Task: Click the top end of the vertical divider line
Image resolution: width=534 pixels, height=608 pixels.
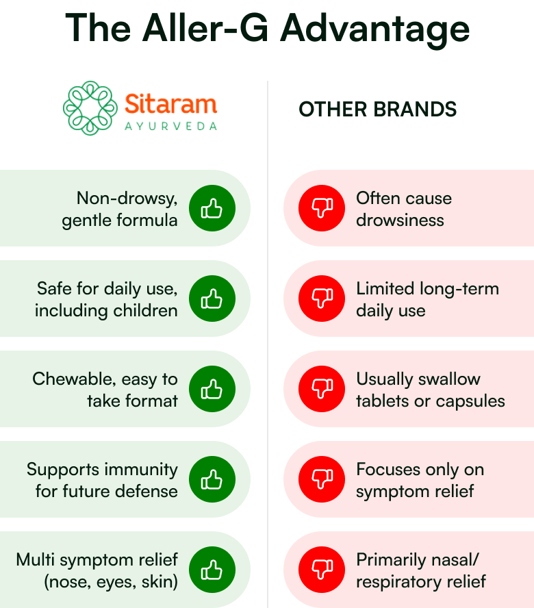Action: pos(268,81)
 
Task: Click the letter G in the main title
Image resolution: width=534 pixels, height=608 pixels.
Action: pos(254,28)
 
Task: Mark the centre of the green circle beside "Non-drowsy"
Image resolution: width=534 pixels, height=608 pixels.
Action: pos(212,208)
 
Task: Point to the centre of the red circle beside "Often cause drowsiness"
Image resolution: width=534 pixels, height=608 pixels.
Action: pos(322,208)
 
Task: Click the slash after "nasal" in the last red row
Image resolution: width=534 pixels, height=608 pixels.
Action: pos(476,560)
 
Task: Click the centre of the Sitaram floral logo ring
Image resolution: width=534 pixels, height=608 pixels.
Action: pos(90,108)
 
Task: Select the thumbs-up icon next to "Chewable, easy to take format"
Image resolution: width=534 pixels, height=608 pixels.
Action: pos(212,390)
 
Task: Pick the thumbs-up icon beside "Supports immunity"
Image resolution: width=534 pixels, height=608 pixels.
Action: pos(212,480)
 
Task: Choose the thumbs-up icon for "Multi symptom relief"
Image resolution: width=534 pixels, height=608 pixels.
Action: pos(212,570)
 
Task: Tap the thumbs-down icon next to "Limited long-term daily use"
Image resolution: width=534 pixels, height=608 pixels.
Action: pos(322,299)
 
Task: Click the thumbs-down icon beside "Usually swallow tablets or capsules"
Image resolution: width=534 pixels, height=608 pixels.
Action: pos(322,389)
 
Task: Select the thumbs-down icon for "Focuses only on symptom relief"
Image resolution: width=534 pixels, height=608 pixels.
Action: pos(322,479)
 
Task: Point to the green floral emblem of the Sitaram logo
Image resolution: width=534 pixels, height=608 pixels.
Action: pos(90,108)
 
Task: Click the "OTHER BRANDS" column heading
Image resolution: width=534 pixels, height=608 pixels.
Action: pos(378,109)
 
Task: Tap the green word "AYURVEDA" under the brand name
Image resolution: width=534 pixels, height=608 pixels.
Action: pos(170,127)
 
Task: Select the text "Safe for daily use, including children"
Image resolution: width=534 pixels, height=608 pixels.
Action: pos(106,299)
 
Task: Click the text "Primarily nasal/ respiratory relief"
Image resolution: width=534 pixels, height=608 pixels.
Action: pos(421,571)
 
